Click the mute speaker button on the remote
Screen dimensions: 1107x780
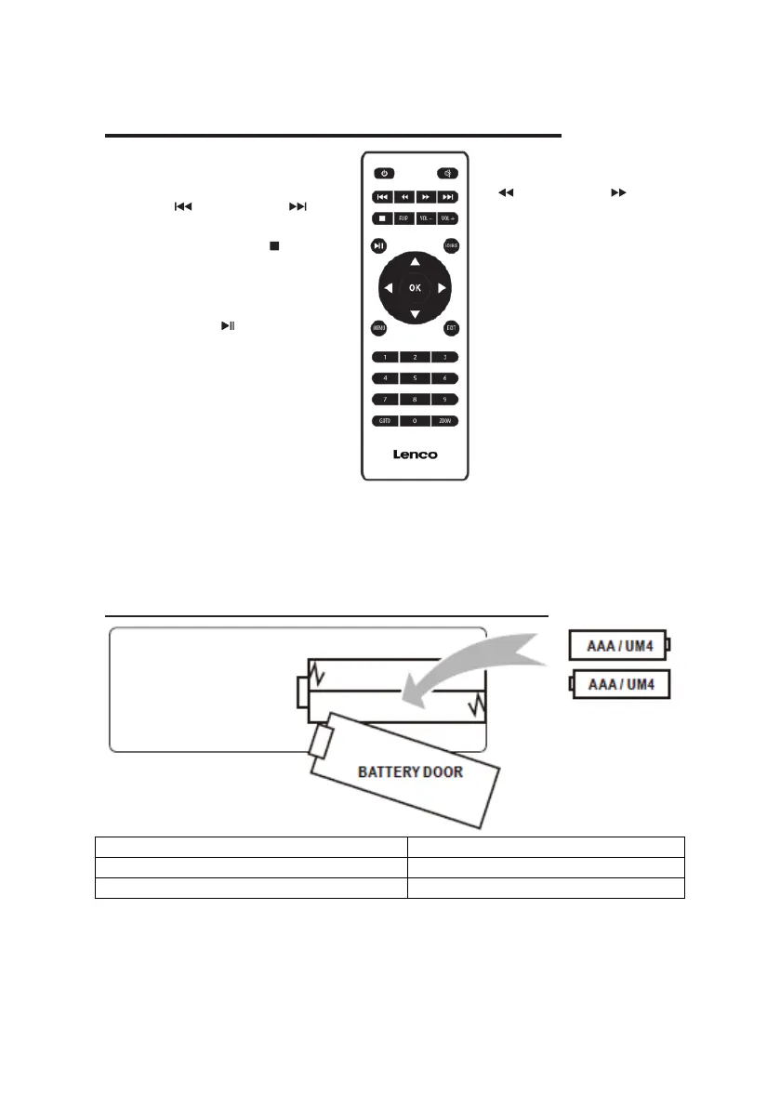pyautogui.click(x=446, y=173)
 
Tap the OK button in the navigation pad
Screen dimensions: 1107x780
pyautogui.click(x=415, y=288)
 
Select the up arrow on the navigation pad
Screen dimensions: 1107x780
pyautogui.click(x=415, y=261)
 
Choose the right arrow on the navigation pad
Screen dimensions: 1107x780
pyautogui.click(x=443, y=288)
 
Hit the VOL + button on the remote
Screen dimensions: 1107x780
pyautogui.click(x=447, y=218)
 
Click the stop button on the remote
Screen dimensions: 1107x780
pyautogui.click(x=381, y=218)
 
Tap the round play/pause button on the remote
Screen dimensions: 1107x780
pyautogui.click(x=378, y=245)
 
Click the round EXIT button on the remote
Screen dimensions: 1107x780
pyautogui.click(x=451, y=327)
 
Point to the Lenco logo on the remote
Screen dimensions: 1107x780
pyautogui.click(x=414, y=455)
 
